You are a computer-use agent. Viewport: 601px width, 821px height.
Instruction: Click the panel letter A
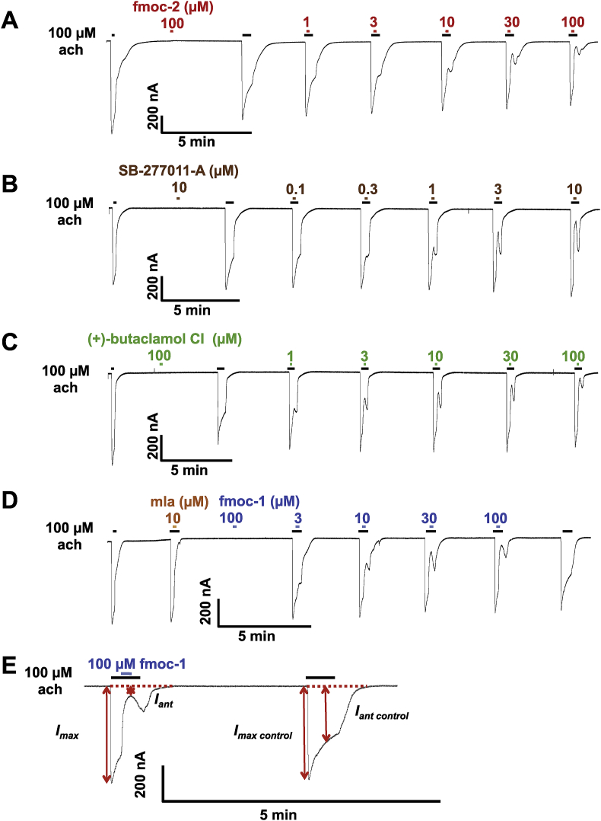(x=10, y=21)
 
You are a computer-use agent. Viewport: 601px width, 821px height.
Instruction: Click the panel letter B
(x=9, y=185)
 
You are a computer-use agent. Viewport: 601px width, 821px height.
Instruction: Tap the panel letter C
(x=9, y=342)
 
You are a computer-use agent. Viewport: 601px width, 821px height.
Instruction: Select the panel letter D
(x=9, y=500)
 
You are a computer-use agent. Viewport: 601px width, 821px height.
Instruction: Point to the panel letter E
(x=9, y=666)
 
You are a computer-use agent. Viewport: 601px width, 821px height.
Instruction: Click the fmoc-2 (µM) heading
(x=173, y=8)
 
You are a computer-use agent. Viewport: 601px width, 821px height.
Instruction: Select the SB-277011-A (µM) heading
(x=179, y=171)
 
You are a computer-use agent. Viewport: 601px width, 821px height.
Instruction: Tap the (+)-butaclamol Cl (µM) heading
(x=165, y=340)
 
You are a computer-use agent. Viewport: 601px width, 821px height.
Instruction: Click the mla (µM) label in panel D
(x=180, y=502)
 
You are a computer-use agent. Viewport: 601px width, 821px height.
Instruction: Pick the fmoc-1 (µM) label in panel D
(x=259, y=502)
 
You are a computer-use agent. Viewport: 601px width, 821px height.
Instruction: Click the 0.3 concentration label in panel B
(x=367, y=189)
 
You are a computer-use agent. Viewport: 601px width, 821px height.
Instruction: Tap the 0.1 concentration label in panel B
(x=295, y=189)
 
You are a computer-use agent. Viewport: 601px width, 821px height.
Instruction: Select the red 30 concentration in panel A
(x=511, y=22)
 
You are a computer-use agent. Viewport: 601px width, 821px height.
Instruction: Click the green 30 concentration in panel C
(x=510, y=356)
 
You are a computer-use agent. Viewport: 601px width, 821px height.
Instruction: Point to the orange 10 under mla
(x=173, y=519)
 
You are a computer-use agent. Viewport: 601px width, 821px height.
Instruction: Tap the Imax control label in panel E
(x=262, y=732)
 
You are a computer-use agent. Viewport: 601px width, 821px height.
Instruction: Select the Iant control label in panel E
(x=382, y=713)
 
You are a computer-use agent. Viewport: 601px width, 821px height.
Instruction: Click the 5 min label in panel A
(x=196, y=142)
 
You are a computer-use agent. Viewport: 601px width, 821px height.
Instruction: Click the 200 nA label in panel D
(x=205, y=601)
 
